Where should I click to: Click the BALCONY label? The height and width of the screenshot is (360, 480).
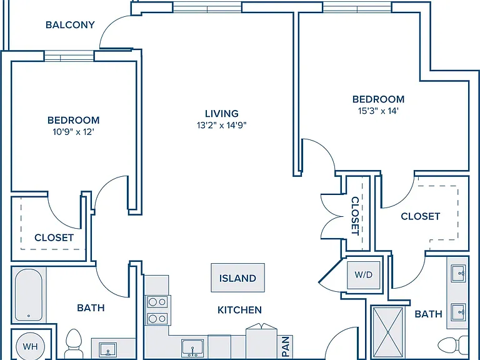(x=70, y=25)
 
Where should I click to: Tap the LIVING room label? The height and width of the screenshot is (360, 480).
(x=222, y=114)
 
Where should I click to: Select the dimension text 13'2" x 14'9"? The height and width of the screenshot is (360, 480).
(x=222, y=125)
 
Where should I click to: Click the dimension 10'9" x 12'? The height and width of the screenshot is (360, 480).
(x=73, y=132)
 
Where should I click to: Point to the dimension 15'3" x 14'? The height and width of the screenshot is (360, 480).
(x=378, y=111)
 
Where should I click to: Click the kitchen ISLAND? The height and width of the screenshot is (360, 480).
(x=238, y=277)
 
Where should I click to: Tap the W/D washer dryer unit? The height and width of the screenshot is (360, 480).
(x=364, y=274)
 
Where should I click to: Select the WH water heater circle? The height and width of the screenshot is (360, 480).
(x=30, y=346)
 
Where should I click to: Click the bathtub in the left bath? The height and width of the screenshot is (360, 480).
(x=29, y=295)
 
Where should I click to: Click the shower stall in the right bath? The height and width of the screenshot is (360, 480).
(x=388, y=332)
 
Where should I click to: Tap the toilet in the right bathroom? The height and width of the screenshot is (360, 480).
(x=453, y=345)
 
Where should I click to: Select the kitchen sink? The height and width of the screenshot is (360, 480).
(x=192, y=347)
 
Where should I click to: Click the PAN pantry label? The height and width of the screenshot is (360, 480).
(x=286, y=346)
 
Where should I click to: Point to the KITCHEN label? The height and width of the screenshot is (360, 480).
(x=239, y=310)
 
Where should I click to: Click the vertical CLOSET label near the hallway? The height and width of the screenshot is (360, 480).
(x=355, y=216)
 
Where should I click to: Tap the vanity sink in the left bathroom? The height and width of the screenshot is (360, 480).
(x=107, y=349)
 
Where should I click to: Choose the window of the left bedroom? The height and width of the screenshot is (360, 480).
(x=69, y=56)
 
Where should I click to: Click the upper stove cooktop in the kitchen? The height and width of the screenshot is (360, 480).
(x=157, y=302)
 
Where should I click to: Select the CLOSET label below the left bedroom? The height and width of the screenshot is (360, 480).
(x=54, y=237)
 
